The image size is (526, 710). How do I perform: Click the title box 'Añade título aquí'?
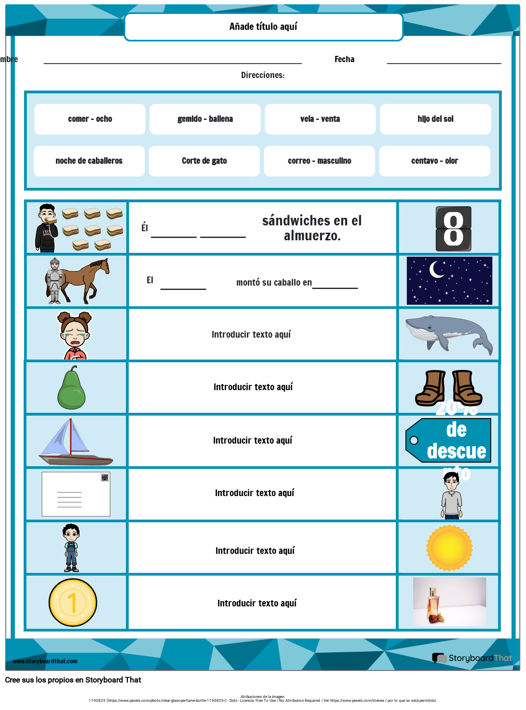[263, 27]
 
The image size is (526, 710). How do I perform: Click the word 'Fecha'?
[344, 59]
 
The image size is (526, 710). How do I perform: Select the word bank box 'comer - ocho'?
[90, 119]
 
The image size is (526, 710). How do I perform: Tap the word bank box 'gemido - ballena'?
[205, 119]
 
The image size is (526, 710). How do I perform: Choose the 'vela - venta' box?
[320, 119]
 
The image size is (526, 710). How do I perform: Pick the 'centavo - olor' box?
[434, 161]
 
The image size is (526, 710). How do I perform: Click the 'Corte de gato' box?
[204, 161]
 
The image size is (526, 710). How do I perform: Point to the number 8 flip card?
[453, 229]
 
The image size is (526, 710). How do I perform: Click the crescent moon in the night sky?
[437, 270]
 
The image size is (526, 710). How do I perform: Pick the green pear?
[71, 389]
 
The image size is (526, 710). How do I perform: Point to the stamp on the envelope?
[105, 477]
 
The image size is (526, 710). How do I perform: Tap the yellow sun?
[449, 548]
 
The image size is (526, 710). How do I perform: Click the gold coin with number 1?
[73, 603]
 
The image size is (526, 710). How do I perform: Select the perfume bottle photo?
[449, 602]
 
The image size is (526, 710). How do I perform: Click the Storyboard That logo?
[472, 658]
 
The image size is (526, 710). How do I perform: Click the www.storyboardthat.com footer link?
[45, 661]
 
